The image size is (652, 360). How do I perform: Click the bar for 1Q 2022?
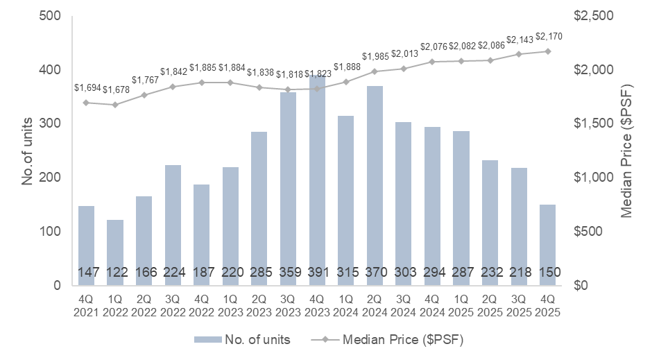114,252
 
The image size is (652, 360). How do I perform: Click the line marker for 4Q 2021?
86,103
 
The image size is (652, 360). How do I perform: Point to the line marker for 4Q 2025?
547,51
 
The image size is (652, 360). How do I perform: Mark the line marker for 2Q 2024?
374,71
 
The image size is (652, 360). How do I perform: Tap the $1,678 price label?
114,91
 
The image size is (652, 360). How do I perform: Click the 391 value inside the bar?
316,272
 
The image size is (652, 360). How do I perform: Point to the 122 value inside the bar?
114,272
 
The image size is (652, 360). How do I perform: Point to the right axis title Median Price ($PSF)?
628,150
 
